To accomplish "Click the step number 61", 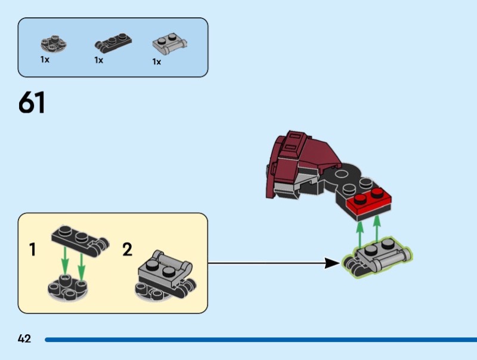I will pos(32,103).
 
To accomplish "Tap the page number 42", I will pos(24,339).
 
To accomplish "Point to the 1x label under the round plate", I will pos(45,60).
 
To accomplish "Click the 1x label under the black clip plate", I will pos(98,60).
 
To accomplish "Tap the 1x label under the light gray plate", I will pos(157,61).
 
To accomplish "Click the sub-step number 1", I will pos(32,249).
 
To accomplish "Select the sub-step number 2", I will pos(127,249).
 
